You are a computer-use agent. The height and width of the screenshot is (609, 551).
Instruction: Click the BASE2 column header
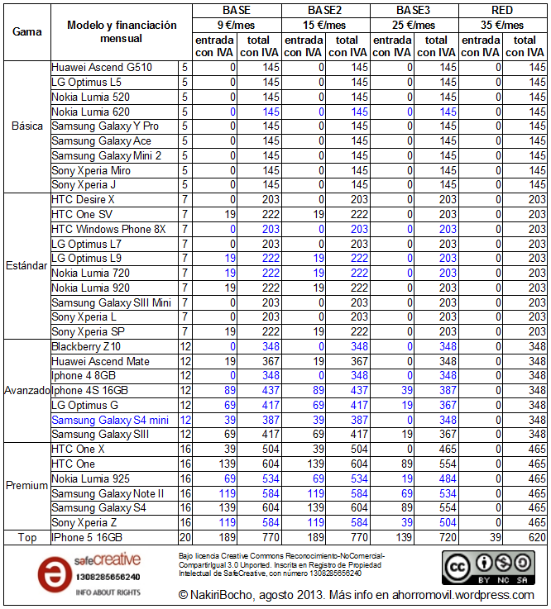[325, 11]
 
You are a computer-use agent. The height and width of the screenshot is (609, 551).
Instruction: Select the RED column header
[502, 11]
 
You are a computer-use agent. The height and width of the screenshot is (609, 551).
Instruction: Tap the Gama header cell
[27, 32]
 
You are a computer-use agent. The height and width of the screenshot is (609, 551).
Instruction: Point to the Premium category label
[26, 486]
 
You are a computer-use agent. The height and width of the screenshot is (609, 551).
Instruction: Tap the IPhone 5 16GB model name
[91, 538]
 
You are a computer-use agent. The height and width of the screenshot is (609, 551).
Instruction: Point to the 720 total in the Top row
[446, 538]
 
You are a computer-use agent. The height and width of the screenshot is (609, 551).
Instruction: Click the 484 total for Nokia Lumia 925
[446, 479]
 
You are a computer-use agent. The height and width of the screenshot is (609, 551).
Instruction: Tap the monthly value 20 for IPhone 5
[185, 538]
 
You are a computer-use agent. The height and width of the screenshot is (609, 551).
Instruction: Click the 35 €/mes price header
[502, 25]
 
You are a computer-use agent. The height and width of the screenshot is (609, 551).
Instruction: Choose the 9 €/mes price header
[237, 25]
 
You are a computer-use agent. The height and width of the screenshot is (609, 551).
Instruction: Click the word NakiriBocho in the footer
[224, 595]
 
